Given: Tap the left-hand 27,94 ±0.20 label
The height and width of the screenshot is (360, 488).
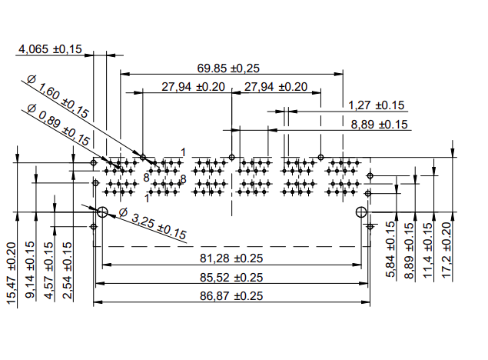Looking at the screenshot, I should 193,87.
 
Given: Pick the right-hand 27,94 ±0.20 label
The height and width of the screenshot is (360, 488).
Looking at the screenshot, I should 275,87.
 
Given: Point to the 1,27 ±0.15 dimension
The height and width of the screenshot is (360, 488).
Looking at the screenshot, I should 377,105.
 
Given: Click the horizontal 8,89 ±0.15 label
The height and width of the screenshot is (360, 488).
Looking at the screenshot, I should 380,125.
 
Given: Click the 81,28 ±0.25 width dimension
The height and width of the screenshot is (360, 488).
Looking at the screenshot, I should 231,258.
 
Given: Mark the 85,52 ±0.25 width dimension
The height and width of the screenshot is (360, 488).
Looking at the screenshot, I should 231,277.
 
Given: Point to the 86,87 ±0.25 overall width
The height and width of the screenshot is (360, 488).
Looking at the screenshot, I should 231,295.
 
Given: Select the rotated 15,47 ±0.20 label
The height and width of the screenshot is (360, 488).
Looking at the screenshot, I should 12,275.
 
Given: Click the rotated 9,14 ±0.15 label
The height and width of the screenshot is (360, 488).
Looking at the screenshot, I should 30,272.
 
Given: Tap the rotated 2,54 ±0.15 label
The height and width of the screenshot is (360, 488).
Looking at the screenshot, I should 68,272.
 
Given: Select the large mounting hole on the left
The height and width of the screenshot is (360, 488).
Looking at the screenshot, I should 101,212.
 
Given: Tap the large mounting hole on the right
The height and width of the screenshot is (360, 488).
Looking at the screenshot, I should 360,212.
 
